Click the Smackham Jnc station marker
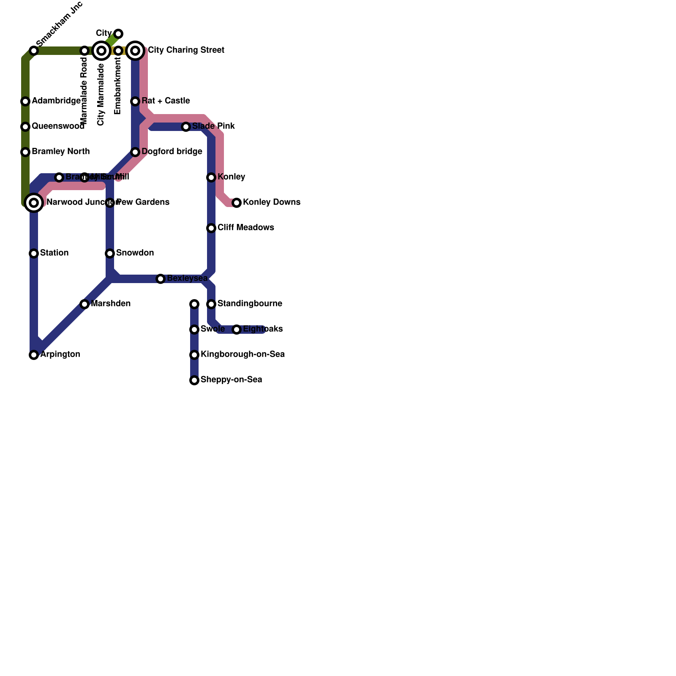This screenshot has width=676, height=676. [x=34, y=51]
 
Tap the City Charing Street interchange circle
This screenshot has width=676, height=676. [x=135, y=51]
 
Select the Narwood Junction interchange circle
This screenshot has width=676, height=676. [x=34, y=203]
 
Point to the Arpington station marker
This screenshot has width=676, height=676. [x=34, y=355]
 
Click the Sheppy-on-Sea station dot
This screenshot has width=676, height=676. [x=194, y=380]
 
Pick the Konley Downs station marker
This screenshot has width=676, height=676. [x=237, y=203]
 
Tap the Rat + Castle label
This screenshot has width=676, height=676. [x=166, y=101]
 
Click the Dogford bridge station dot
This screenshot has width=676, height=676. [x=135, y=152]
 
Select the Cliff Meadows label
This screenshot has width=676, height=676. [x=245, y=228]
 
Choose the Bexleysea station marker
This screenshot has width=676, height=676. [x=161, y=279]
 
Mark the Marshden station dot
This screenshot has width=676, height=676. [x=84, y=304]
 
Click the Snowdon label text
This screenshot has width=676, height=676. [x=135, y=253]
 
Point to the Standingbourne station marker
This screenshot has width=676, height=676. [x=211, y=304]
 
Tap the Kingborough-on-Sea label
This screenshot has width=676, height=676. [x=243, y=354]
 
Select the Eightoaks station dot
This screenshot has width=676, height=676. [x=237, y=330]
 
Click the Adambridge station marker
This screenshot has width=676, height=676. [x=25, y=101]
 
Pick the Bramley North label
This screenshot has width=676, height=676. [x=60, y=152]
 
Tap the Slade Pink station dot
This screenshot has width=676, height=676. [x=186, y=127]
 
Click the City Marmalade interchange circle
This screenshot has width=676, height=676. [x=101, y=51]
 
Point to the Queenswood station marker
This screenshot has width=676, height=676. [x=25, y=127]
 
